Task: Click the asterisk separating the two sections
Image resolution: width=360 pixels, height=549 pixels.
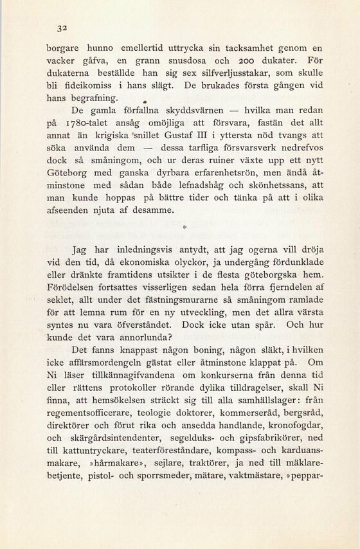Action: click(185, 226)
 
